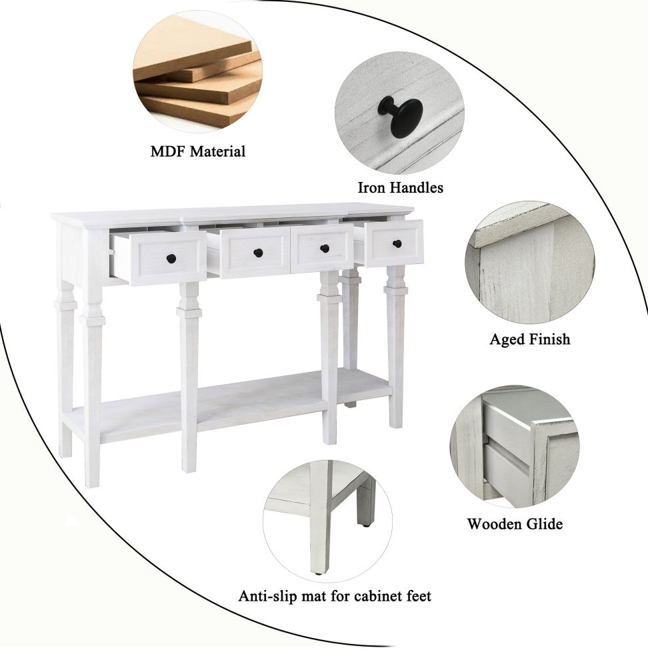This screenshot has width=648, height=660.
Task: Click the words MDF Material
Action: click(198, 151)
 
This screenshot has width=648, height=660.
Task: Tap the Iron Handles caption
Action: click(401, 188)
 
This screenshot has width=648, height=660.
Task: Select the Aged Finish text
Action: click(530, 339)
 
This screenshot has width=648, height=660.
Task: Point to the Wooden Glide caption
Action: click(515, 524)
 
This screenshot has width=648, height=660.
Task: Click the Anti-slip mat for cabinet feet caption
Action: click(335, 597)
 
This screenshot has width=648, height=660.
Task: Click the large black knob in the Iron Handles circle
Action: click(401, 117)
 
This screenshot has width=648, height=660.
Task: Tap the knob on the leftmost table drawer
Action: click(171, 259)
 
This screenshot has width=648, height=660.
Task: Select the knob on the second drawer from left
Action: click(258, 253)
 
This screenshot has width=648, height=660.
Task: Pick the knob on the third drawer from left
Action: click(325, 249)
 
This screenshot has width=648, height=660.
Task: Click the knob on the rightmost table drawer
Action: click(397, 243)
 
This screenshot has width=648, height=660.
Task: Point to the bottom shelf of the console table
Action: click(227, 406)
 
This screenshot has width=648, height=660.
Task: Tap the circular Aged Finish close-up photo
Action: click(530, 262)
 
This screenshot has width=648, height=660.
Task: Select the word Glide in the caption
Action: click(543, 524)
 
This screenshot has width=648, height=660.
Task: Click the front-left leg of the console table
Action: click(93, 358)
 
